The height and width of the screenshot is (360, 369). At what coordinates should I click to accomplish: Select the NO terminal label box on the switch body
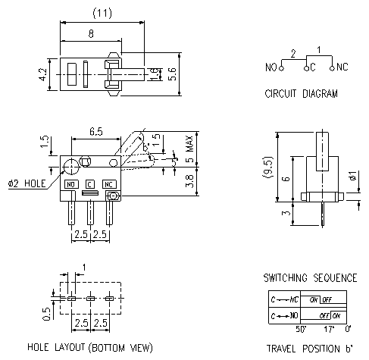(x=71, y=184)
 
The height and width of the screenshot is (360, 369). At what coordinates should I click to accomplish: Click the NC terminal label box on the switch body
(x=110, y=184)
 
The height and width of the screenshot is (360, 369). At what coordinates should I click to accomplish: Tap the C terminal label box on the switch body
(x=90, y=184)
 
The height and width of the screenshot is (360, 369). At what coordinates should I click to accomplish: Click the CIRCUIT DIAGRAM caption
(x=301, y=95)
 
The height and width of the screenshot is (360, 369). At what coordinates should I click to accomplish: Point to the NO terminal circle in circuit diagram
(x=281, y=67)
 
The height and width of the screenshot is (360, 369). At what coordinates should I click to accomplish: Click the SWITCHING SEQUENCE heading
(x=309, y=278)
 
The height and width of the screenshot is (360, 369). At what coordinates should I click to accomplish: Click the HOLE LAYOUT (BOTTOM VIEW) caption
(x=90, y=348)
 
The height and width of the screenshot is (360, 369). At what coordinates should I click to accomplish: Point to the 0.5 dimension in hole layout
(x=47, y=313)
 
